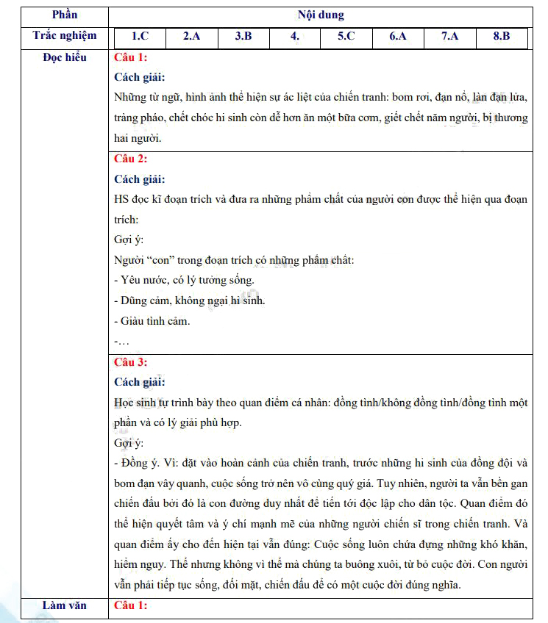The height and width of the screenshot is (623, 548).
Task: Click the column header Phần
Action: [x=65, y=15]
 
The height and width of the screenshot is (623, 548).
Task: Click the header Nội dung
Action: [x=321, y=15]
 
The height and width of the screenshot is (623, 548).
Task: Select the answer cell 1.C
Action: [x=140, y=36]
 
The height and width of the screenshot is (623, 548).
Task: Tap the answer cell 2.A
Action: [x=192, y=36]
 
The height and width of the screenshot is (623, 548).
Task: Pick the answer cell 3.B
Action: [x=243, y=36]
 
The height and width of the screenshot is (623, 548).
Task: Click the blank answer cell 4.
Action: [x=295, y=36]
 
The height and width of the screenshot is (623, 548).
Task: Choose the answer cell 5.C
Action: [x=346, y=36]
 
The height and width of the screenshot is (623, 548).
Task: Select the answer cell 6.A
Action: [x=398, y=36]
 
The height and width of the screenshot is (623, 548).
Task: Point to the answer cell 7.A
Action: [x=449, y=36]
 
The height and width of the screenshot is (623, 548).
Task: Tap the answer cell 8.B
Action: [x=501, y=36]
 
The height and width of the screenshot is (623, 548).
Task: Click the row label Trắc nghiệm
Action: [x=65, y=36]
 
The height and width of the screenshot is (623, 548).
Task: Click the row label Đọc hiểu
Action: [x=65, y=57]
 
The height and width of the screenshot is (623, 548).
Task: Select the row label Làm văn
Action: [x=65, y=605]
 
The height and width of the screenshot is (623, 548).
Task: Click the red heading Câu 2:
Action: [x=131, y=159]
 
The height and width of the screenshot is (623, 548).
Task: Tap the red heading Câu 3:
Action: [x=131, y=362]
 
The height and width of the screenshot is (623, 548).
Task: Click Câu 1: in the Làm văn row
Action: [x=131, y=605]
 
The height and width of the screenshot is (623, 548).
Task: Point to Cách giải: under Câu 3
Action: [x=140, y=382]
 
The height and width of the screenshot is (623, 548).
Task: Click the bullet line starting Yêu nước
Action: [x=184, y=280]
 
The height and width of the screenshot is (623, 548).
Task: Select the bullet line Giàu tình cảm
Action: [x=152, y=321]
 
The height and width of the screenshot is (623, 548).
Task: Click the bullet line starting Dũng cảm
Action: [x=190, y=300]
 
